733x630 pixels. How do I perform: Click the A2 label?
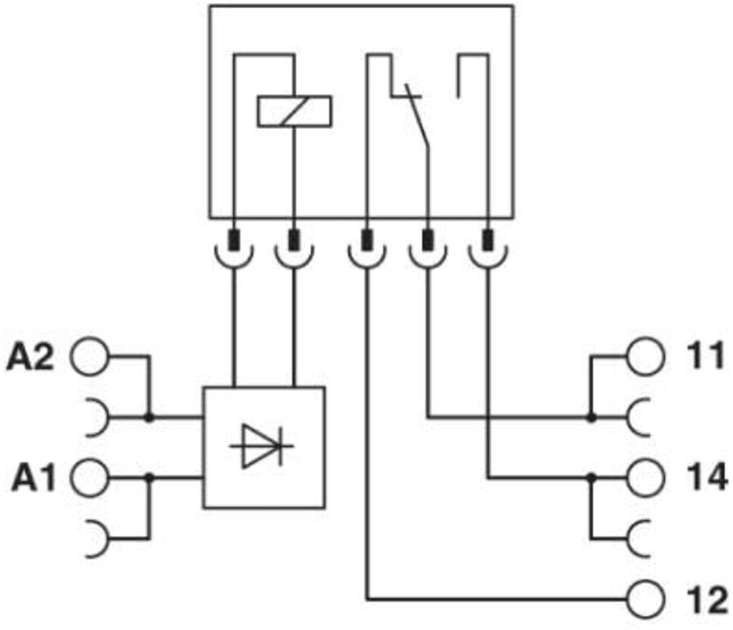[x=30, y=357]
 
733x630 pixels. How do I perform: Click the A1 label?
[x=33, y=478]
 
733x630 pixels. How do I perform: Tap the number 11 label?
[x=706, y=356]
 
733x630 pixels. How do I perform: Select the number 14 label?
[x=706, y=477]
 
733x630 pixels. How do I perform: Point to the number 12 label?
[x=706, y=600]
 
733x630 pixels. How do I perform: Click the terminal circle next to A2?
[x=89, y=357]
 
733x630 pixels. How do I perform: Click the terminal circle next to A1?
[x=89, y=478]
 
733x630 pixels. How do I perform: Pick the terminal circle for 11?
[x=645, y=356]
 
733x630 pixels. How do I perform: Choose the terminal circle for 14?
[x=645, y=478]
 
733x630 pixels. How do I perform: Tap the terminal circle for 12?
[x=645, y=599]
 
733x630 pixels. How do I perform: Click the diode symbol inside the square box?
[x=262, y=446]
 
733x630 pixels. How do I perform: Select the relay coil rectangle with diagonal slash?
[x=295, y=111]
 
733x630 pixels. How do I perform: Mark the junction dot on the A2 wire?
[x=149, y=417]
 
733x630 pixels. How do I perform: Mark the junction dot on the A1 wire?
[x=149, y=478]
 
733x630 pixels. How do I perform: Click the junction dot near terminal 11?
[x=591, y=417]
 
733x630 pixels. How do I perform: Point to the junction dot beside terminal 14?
[x=591, y=478]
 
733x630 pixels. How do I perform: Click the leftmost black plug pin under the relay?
[x=234, y=240]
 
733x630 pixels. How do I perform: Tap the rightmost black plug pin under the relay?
[x=488, y=240]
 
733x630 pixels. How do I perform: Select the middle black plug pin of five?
[x=367, y=240]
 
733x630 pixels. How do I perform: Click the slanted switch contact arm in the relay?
[x=417, y=116]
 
